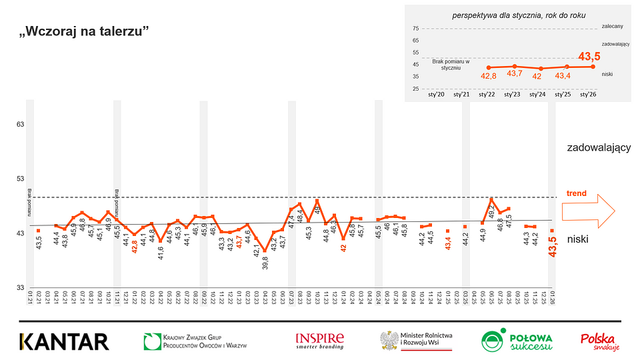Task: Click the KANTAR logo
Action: click(x=64, y=341)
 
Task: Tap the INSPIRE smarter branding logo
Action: click(x=320, y=341)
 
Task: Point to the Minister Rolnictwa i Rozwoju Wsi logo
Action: click(x=417, y=341)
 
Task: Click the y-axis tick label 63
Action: click(x=21, y=125)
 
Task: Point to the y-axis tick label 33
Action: click(x=21, y=287)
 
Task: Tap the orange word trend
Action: click(x=577, y=194)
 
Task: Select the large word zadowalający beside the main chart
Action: click(x=598, y=147)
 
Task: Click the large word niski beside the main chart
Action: click(x=579, y=239)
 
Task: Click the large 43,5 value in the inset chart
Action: click(x=589, y=57)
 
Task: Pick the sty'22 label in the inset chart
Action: click(x=487, y=95)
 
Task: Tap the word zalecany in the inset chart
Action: click(x=612, y=26)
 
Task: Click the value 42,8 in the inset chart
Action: click(x=489, y=76)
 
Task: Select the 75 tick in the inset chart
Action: click(x=415, y=29)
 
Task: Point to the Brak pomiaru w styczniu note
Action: click(x=451, y=65)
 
